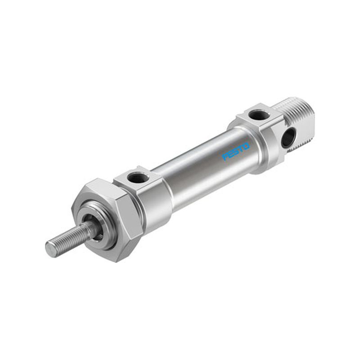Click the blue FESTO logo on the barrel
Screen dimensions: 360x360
pos(236,152)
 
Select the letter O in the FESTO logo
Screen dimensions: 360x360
pos(246,146)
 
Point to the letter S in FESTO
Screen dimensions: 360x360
pos(236,152)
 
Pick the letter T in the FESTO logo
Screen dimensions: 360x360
pos(241,149)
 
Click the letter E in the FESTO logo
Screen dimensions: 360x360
pos(230,154)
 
